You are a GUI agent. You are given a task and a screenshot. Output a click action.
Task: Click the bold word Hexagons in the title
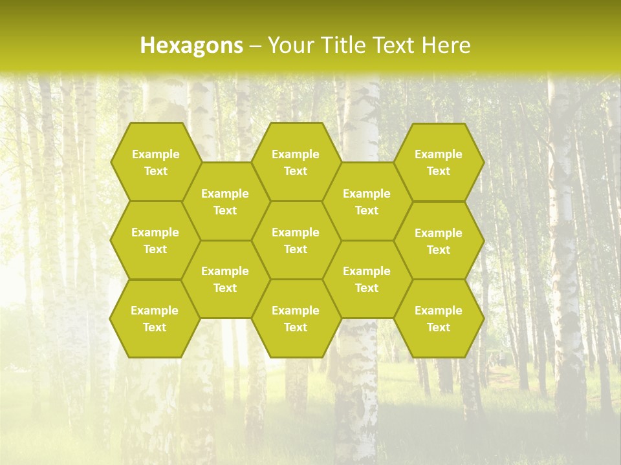[191, 45]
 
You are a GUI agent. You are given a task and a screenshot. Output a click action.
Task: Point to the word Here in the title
[446, 45]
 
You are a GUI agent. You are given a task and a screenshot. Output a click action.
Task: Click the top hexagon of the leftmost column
[155, 162]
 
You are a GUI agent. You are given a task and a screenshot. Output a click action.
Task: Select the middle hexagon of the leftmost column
[155, 240]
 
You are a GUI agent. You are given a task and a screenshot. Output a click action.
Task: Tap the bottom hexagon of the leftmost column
[155, 318]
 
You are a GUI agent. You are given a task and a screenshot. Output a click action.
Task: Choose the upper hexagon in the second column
[225, 201]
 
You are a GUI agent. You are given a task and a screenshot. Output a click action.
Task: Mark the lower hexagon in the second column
[225, 279]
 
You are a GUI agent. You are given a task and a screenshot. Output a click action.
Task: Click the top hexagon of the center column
[296, 162]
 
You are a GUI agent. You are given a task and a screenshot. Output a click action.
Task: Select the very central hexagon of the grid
[296, 240]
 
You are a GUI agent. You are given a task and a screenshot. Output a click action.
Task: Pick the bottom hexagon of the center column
[296, 318]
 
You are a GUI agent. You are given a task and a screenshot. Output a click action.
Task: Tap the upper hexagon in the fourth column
[367, 201]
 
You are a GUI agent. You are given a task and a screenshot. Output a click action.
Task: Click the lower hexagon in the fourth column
[367, 279]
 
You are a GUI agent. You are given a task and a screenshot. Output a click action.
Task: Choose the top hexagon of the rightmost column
[439, 162]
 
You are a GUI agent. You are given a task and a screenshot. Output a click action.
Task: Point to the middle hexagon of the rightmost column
[439, 241]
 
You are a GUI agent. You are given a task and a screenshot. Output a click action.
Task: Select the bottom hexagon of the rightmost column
[439, 318]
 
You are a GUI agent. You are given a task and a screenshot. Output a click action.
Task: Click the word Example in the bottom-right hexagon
[439, 311]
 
